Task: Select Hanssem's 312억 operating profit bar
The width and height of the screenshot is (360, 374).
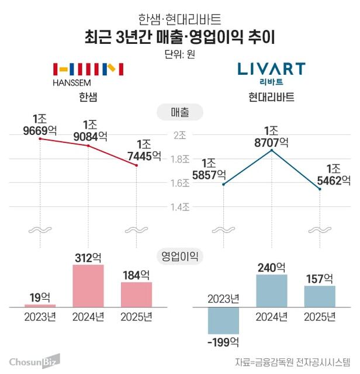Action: pos(88,286)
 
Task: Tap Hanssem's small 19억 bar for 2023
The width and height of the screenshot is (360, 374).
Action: pos(40,306)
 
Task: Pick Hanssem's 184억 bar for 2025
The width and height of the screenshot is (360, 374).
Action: pos(136,295)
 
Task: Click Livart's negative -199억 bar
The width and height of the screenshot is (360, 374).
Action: pos(223,320)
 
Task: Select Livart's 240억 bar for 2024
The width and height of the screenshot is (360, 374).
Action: pos(272,290)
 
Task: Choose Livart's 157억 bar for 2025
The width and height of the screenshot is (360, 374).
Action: pos(320,296)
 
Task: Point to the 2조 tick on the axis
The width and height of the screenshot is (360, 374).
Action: pos(179,135)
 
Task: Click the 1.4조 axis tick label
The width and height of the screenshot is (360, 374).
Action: pos(179,207)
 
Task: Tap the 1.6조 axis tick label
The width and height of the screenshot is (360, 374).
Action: pos(179,183)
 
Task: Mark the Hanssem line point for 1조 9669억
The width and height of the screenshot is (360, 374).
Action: pos(40,138)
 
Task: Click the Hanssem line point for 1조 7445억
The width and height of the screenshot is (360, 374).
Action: pos(136,165)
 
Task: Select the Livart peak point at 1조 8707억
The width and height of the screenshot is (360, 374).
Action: pos(272,150)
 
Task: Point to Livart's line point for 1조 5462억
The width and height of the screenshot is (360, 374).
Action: pos(320,189)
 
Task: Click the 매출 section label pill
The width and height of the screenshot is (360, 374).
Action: pos(180,111)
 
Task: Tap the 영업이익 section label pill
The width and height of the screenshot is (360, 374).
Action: pos(180,256)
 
